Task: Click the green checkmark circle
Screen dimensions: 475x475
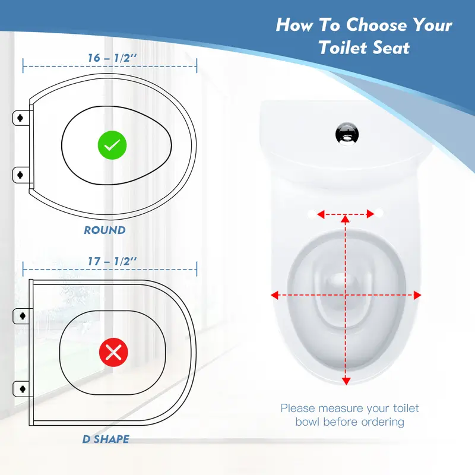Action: (112, 145)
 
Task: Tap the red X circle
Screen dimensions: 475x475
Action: (113, 352)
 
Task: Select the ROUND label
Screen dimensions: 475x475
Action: (105, 230)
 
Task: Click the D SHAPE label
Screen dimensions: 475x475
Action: (106, 439)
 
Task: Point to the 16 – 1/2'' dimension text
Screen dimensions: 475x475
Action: (112, 58)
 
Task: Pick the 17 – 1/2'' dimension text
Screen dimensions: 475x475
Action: (112, 261)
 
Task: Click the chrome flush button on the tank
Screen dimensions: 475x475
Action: (347, 134)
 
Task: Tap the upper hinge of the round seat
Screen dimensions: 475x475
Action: (21, 118)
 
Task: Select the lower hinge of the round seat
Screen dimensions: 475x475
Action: (21, 175)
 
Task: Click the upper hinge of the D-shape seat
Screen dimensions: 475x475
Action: (22, 316)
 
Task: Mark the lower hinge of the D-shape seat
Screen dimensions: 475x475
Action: (22, 389)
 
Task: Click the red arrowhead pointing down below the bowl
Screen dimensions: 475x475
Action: (346, 381)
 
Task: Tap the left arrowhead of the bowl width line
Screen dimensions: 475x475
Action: (275, 295)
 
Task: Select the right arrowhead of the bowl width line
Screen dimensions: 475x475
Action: (417, 295)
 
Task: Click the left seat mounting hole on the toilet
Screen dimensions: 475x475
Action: (311, 214)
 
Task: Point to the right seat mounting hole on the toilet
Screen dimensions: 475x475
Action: (379, 213)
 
